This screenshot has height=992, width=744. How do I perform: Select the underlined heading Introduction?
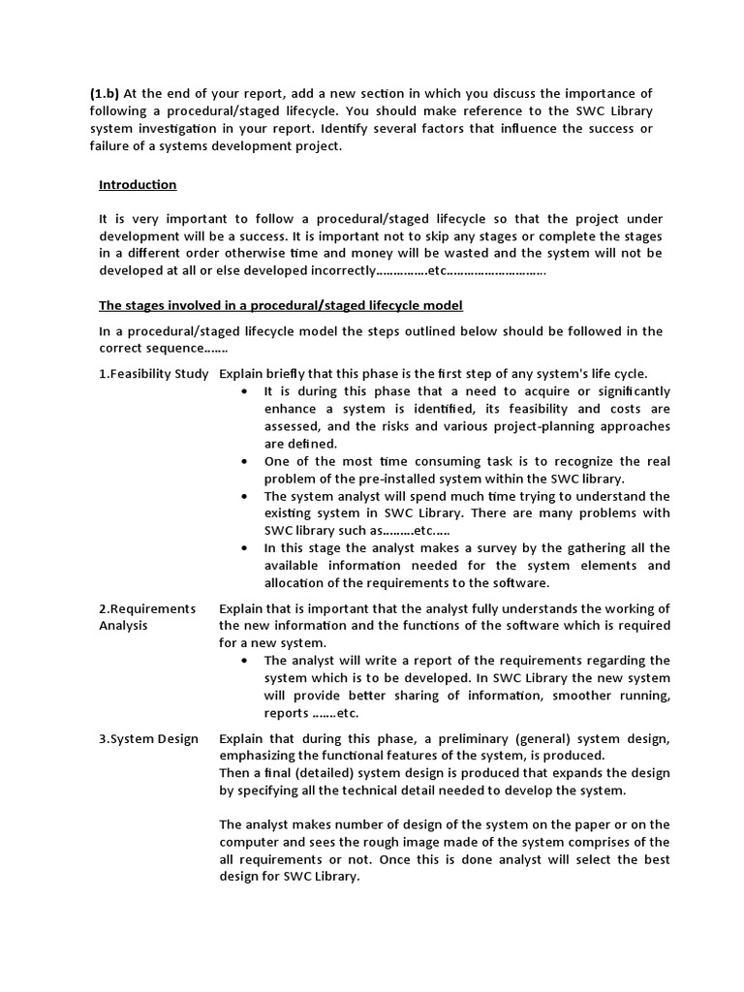point(138,184)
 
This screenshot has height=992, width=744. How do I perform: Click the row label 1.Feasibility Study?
point(153,374)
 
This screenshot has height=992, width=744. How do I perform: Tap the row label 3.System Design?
point(148,738)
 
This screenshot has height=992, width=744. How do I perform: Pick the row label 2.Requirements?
point(147,608)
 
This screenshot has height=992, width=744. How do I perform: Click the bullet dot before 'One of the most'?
point(242,461)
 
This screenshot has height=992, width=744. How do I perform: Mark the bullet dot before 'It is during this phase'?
point(242,391)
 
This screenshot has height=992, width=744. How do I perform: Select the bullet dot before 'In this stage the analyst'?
point(242,548)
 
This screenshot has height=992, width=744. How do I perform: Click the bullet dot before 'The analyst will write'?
point(242,661)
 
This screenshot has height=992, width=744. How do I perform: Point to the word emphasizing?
point(258,756)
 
